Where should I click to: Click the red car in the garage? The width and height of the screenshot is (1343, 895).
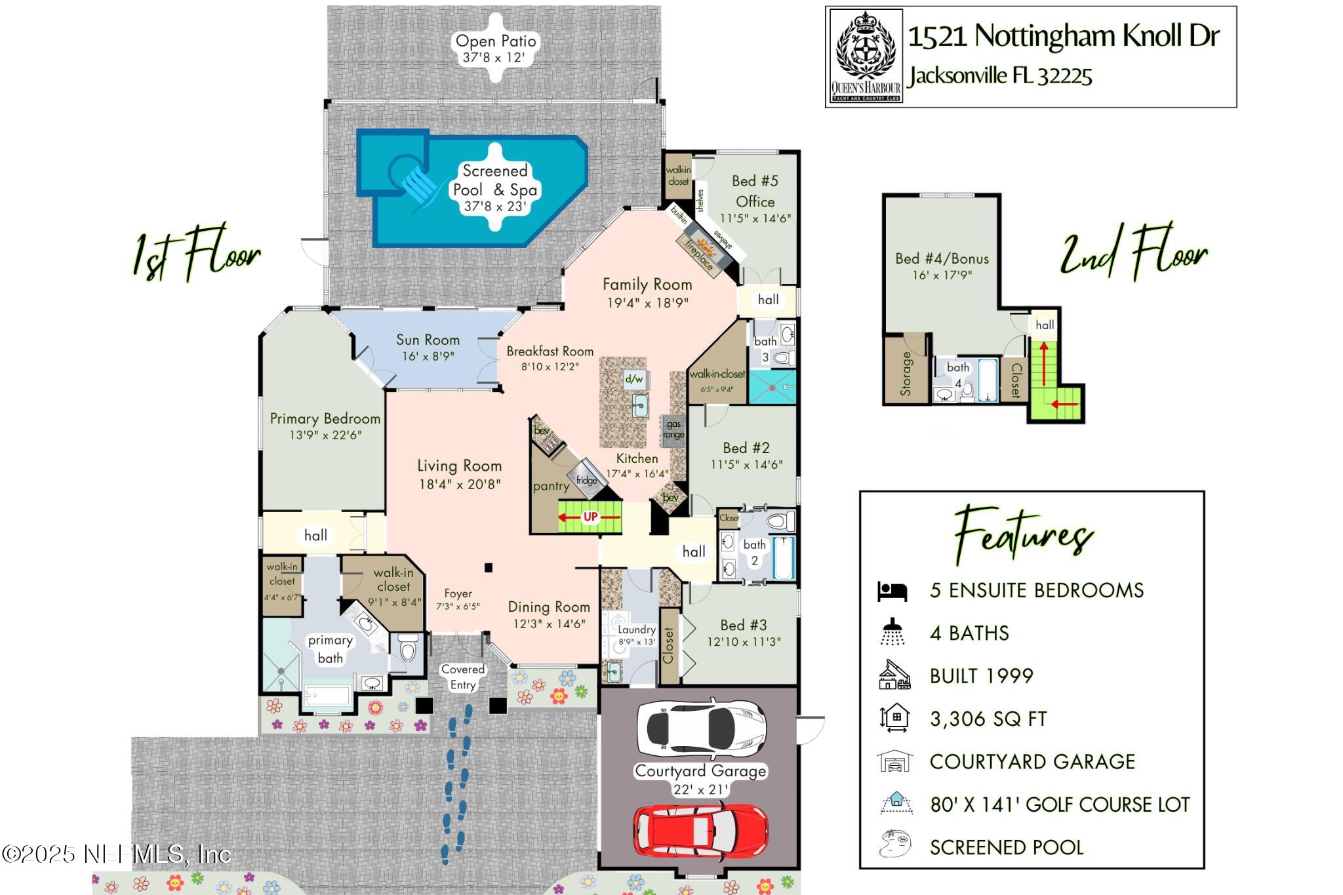700,831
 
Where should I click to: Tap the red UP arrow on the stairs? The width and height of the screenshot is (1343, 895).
590,517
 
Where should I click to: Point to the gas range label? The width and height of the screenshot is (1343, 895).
673,429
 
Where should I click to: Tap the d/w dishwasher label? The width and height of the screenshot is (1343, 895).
634,379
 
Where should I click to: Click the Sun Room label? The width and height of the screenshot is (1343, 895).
428,340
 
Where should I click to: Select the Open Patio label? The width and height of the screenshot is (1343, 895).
496,41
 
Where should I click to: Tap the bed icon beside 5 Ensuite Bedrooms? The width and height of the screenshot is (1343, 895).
892,591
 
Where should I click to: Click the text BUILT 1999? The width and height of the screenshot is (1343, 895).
982,676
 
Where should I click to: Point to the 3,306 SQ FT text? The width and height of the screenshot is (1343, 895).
988,719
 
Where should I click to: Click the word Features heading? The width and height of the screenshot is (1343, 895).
1024,534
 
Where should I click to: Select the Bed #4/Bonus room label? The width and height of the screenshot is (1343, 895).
942,258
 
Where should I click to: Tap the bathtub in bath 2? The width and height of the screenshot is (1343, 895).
783,557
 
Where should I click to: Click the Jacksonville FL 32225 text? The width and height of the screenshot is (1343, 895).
1001,76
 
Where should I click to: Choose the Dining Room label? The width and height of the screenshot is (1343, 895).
549,607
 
